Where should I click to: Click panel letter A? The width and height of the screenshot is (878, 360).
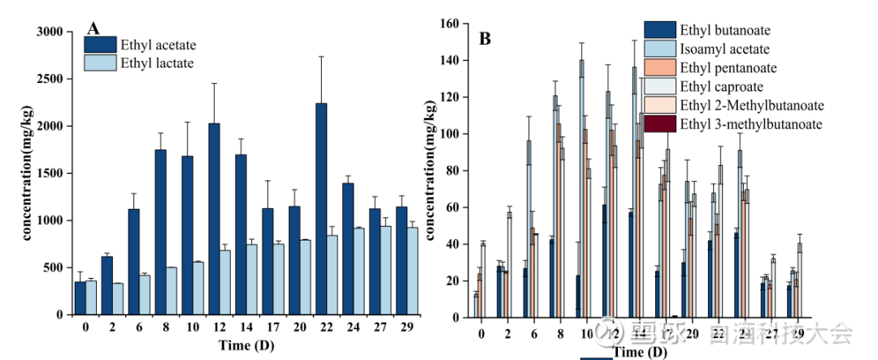(x=93, y=28)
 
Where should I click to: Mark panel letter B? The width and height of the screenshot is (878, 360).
(x=485, y=37)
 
